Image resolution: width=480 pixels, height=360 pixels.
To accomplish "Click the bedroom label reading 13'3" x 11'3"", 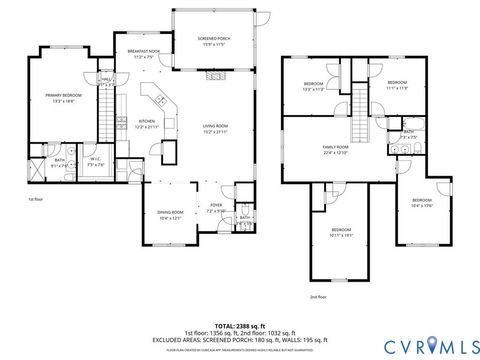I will click(x=313, y=86).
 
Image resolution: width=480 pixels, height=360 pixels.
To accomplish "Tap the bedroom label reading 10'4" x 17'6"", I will click(x=422, y=204).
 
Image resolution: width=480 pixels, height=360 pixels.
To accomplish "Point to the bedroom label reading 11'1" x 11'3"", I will click(x=396, y=84).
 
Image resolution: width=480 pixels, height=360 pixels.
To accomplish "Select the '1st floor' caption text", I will click(x=36, y=200).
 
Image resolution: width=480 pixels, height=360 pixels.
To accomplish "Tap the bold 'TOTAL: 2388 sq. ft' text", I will click(x=240, y=326).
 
